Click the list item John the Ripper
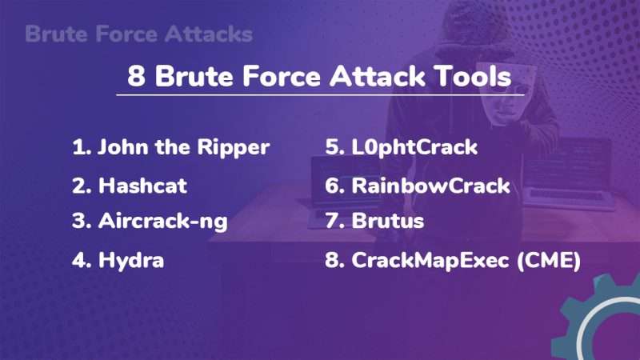click(x=170, y=147)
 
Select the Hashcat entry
click(x=130, y=186)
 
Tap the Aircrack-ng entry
click(x=150, y=222)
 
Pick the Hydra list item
click(x=118, y=260)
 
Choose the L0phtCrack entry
click(x=401, y=147)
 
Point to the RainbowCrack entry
click(x=417, y=186)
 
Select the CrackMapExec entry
click(x=452, y=260)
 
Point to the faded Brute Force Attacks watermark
click(x=138, y=34)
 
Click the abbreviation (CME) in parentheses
click(x=548, y=260)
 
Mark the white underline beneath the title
click(x=320, y=95)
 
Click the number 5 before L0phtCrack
click(x=332, y=147)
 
